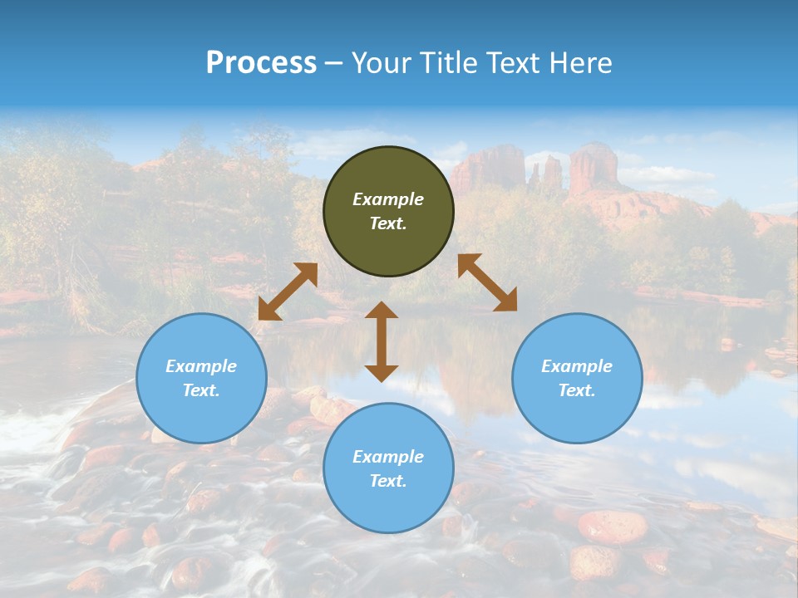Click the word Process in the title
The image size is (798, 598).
[x=261, y=62]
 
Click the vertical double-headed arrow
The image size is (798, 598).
[x=382, y=341]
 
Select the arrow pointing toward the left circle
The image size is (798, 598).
[x=288, y=292]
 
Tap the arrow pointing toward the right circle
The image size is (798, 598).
[x=487, y=282]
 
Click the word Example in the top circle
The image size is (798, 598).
[x=388, y=199]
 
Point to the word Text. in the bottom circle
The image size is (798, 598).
[x=388, y=481]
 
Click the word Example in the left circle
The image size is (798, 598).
[x=201, y=366]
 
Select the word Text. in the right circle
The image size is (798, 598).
[x=577, y=390]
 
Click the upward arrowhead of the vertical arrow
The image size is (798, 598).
[x=382, y=309]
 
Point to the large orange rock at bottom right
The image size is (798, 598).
[x=613, y=526]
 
